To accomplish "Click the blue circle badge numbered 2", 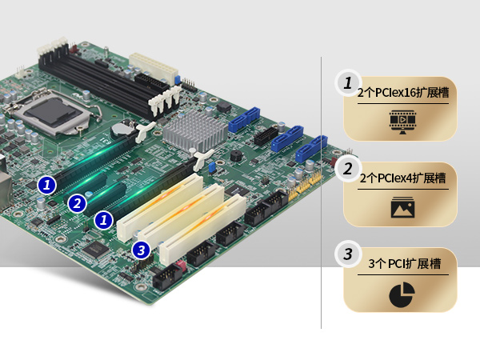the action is coord(77,203).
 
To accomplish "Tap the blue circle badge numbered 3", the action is coord(141,250).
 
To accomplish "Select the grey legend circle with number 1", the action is coord(348,83).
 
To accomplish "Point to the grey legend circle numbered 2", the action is coord(348,168).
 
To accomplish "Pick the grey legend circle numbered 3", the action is coord(348,254).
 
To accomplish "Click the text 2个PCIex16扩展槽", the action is coord(403,93).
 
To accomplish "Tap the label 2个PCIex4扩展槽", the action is coord(403,178).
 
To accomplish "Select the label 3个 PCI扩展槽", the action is coord(404,263).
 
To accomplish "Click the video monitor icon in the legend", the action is coord(402,122).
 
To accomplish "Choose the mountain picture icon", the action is coord(402,207).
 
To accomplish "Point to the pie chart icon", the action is coord(402,294).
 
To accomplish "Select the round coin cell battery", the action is coord(122,129).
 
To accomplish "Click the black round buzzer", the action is coord(236,156).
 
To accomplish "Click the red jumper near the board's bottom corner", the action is coord(180,266).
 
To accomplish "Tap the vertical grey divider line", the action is coord(321,193).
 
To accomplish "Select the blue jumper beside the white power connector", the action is coord(177,80).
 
